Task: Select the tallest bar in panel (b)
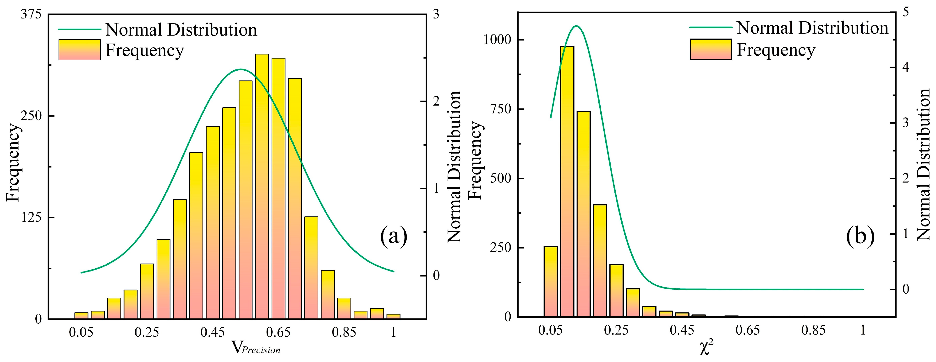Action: [567, 182]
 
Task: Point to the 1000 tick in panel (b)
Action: [497, 40]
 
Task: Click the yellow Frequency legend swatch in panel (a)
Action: [79, 50]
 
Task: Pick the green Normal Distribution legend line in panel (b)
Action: [710, 28]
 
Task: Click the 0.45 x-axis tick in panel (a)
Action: [213, 332]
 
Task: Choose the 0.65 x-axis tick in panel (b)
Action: [747, 330]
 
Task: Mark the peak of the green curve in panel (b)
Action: [576, 26]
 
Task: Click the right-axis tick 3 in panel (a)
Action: [436, 14]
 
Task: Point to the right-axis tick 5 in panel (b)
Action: [905, 12]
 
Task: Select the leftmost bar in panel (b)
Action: [550, 282]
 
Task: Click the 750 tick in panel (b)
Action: [501, 109]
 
